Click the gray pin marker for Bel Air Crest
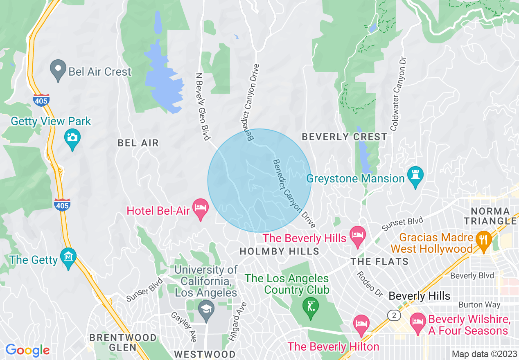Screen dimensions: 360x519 pos(58,70)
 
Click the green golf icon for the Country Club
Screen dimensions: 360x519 pos(311,306)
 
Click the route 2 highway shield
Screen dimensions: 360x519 pos(394,315)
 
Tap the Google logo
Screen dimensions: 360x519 pos(27,350)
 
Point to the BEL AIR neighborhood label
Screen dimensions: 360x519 pos(138,143)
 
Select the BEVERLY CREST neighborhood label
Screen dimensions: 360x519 pos(344,137)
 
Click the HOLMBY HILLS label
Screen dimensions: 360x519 pos(279,251)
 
